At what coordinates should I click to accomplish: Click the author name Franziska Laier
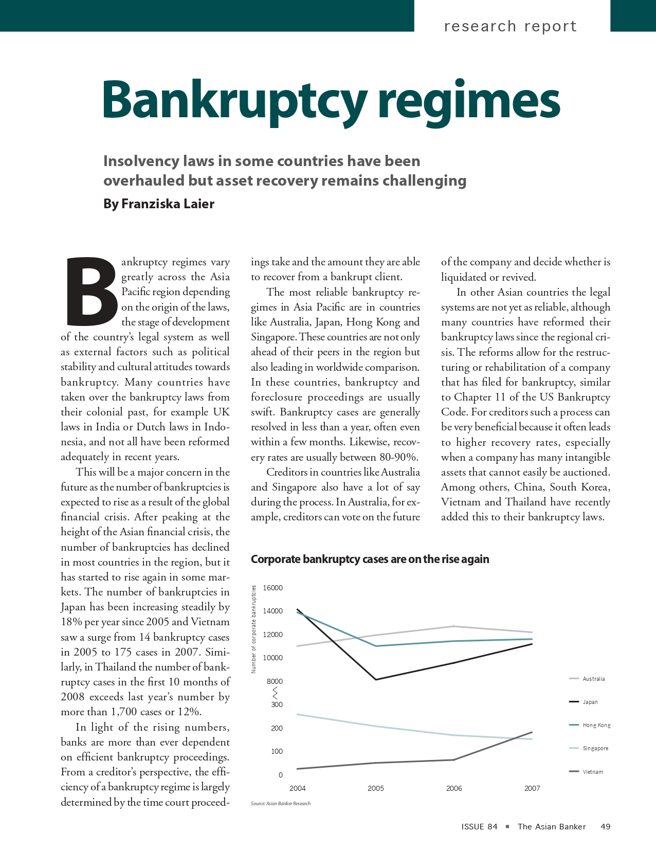point(168,204)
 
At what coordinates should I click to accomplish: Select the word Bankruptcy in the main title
point(234,99)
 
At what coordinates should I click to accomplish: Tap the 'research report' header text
point(510,26)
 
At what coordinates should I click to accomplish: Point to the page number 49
point(605,826)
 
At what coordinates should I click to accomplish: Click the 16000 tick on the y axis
point(272,588)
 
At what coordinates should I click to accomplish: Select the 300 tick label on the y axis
point(277,704)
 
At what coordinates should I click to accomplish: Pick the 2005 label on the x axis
point(376,788)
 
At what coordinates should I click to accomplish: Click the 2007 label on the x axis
point(532,788)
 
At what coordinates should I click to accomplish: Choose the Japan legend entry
point(590,702)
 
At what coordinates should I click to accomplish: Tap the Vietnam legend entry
point(592,772)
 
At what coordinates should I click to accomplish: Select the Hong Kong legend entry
point(596,725)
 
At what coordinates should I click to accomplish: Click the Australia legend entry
point(593,679)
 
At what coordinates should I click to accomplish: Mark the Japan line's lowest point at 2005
point(376,680)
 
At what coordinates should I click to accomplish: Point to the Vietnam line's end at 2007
point(532,732)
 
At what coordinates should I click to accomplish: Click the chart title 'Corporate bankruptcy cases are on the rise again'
point(370,559)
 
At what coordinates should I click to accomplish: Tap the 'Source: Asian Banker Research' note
point(281,803)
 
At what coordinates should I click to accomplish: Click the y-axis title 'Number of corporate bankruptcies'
point(253,629)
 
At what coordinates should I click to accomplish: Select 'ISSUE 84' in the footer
point(479,826)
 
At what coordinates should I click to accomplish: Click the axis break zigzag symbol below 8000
point(276,693)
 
